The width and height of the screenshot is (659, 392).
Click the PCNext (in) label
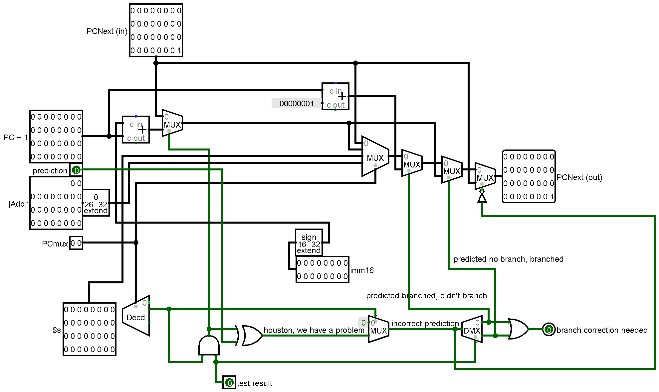107,31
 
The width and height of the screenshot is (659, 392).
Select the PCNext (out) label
579,177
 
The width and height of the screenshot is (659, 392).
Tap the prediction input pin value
76,170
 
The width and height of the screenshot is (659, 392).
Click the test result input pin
229,383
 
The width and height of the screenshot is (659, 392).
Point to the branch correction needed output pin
549,330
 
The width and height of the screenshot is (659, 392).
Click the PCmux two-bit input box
76,243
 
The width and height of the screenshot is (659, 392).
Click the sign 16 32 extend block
309,243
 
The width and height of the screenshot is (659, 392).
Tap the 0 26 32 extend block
96,203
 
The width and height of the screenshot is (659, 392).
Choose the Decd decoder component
136,316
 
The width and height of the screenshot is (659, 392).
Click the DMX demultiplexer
472,329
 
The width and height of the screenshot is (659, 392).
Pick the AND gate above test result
209,345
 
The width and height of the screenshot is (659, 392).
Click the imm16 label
362,270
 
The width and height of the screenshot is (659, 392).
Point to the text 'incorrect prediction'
425,324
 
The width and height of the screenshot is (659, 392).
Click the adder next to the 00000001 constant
335,96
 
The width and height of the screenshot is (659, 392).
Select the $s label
57,330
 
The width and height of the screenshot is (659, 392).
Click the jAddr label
18,204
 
